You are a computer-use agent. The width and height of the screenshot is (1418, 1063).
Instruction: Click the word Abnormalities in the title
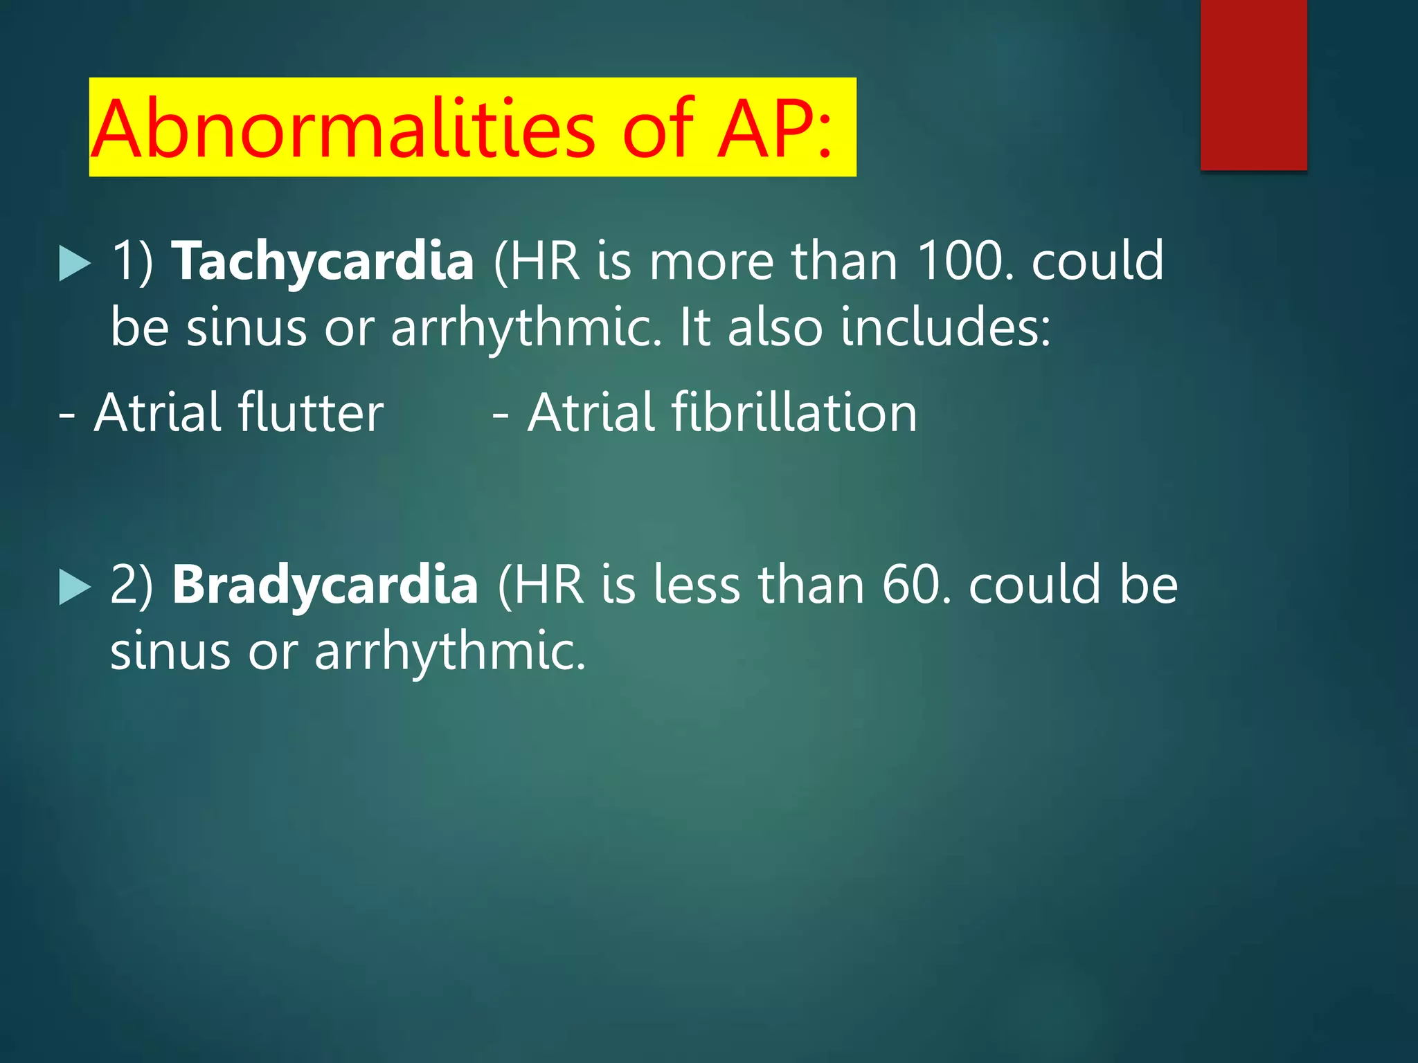(x=343, y=129)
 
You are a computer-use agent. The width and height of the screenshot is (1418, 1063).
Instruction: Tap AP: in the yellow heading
(x=773, y=129)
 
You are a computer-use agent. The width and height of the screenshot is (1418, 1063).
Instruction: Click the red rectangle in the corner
(x=1253, y=84)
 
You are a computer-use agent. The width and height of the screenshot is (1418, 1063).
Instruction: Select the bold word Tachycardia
(x=323, y=262)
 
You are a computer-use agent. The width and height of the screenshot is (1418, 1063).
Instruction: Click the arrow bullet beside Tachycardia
(x=75, y=263)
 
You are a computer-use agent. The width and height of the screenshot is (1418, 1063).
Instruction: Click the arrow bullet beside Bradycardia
(x=75, y=587)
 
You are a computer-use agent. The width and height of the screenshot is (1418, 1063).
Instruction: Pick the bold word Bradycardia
(x=325, y=585)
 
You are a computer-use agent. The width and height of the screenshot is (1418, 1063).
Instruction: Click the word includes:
(x=946, y=327)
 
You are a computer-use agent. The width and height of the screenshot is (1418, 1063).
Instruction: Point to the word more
(x=711, y=262)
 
